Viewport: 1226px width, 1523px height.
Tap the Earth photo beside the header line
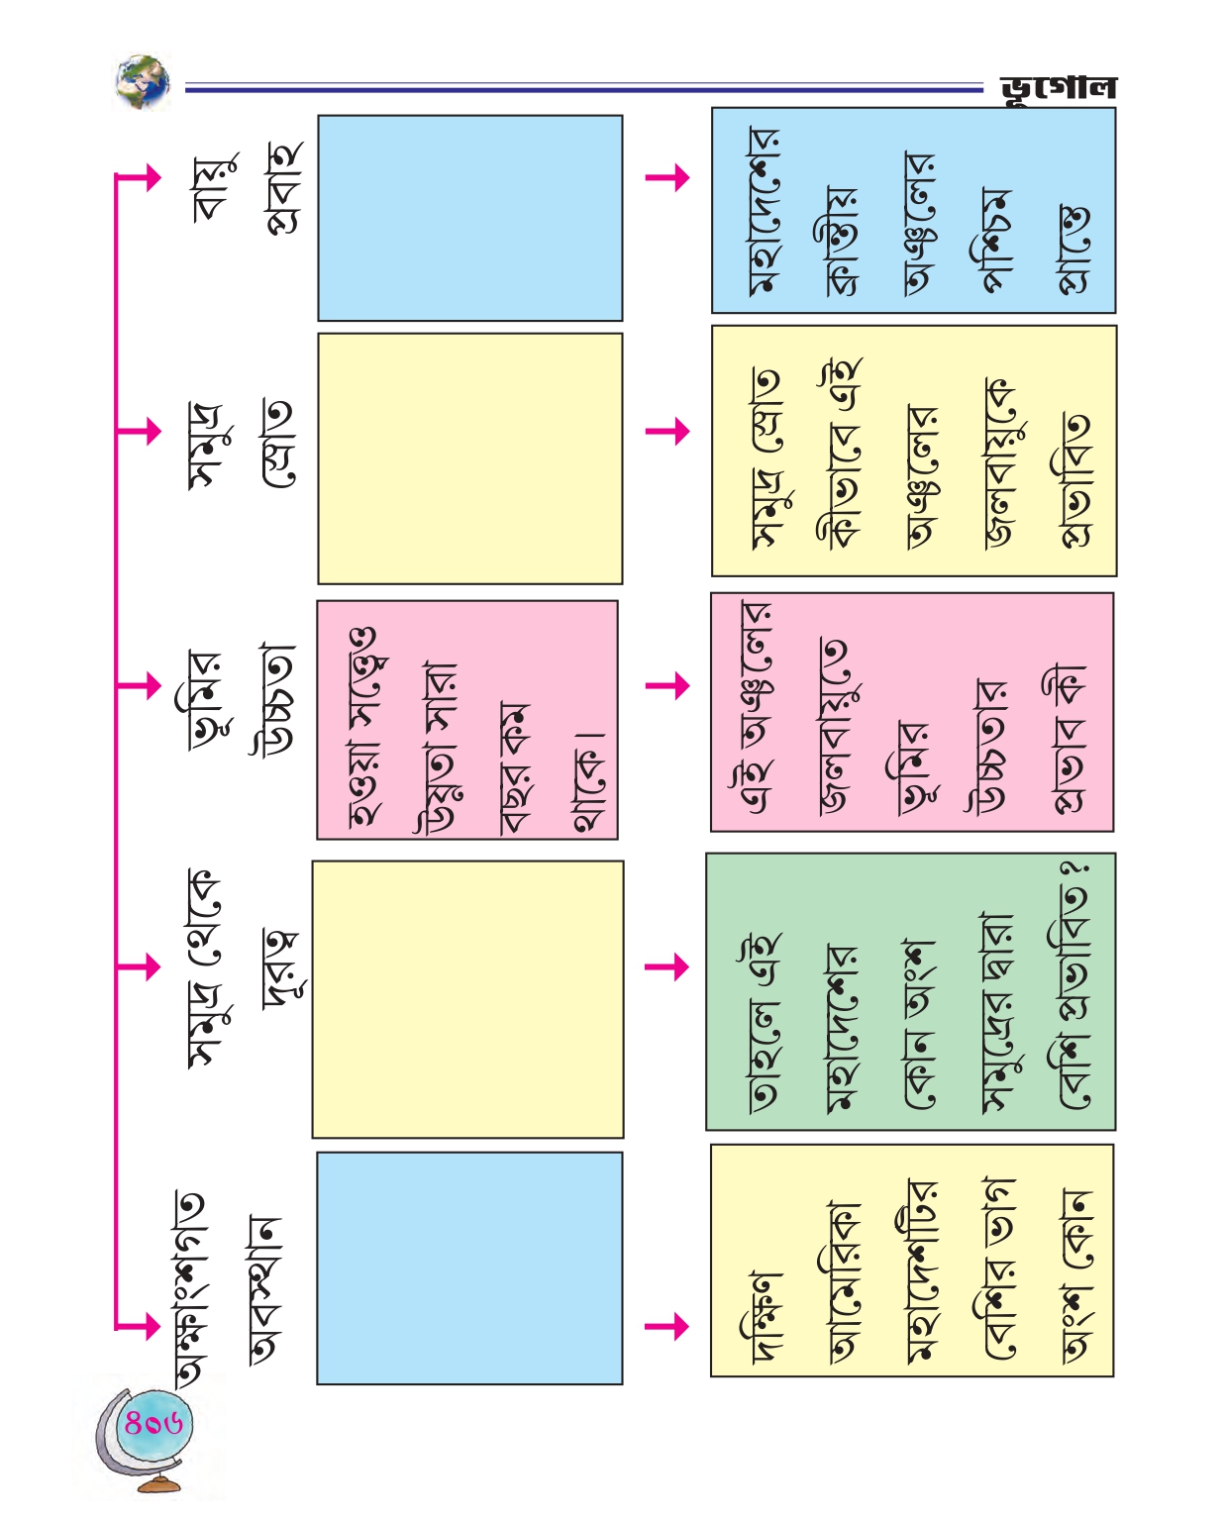click(x=143, y=81)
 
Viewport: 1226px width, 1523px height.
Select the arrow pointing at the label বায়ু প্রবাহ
click(x=137, y=178)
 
